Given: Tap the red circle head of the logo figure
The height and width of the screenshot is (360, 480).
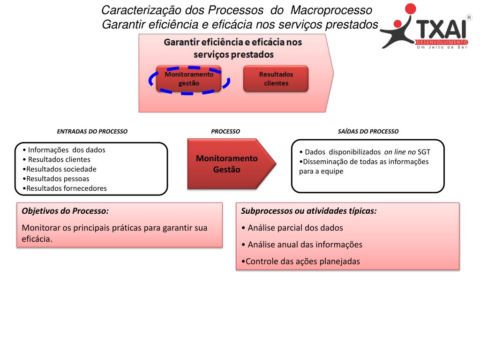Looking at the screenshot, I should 410,9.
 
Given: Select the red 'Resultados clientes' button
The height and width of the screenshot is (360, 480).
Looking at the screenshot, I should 276,79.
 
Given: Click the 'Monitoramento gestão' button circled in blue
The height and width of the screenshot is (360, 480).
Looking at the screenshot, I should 189,79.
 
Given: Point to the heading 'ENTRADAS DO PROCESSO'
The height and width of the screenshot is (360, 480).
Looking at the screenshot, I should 92,132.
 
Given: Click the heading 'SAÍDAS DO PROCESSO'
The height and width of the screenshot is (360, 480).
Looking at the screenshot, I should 368,132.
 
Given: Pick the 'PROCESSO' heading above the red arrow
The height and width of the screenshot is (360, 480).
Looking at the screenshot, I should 225,132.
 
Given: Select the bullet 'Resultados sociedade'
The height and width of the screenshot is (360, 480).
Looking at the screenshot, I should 61,169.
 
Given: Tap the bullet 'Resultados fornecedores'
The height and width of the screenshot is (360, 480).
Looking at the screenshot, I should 66,188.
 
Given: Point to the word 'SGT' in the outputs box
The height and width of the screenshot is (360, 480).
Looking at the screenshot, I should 424,152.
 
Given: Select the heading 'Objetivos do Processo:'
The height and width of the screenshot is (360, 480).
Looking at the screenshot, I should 65,211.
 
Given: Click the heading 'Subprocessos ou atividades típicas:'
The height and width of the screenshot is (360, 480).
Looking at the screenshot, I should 309,211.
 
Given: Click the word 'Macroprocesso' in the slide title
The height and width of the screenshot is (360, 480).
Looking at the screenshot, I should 331,10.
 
